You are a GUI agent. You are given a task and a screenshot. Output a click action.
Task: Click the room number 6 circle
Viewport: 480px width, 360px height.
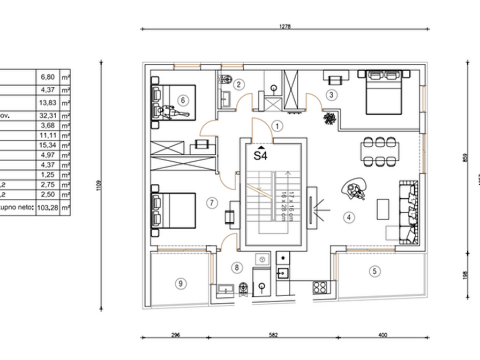click(183, 100)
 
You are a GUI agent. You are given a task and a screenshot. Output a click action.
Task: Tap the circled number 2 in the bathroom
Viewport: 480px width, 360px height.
click(239, 84)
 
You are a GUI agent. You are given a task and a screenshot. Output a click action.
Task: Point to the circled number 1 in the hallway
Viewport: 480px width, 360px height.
click(277, 126)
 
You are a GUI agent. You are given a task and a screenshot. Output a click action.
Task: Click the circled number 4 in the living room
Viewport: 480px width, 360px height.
click(348, 217)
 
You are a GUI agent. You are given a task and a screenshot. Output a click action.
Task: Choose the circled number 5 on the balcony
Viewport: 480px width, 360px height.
click(374, 270)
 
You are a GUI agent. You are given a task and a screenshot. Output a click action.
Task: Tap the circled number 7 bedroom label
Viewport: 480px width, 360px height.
click(212, 202)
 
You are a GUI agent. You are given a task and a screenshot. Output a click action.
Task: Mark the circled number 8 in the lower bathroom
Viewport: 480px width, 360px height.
click(237, 268)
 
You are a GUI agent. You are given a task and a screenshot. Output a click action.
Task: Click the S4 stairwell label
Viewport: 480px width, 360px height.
click(260, 156)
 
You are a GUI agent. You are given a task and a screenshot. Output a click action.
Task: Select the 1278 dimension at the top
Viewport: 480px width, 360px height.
click(285, 27)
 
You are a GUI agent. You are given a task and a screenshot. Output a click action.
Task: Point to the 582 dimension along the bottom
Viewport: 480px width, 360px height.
click(273, 335)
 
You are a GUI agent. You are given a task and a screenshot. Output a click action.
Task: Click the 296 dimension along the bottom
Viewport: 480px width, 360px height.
click(176, 335)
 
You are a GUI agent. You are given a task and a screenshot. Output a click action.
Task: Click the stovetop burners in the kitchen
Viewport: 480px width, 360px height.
click(320, 286)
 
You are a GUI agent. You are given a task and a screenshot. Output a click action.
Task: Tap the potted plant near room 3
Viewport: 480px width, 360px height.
click(330, 119)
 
